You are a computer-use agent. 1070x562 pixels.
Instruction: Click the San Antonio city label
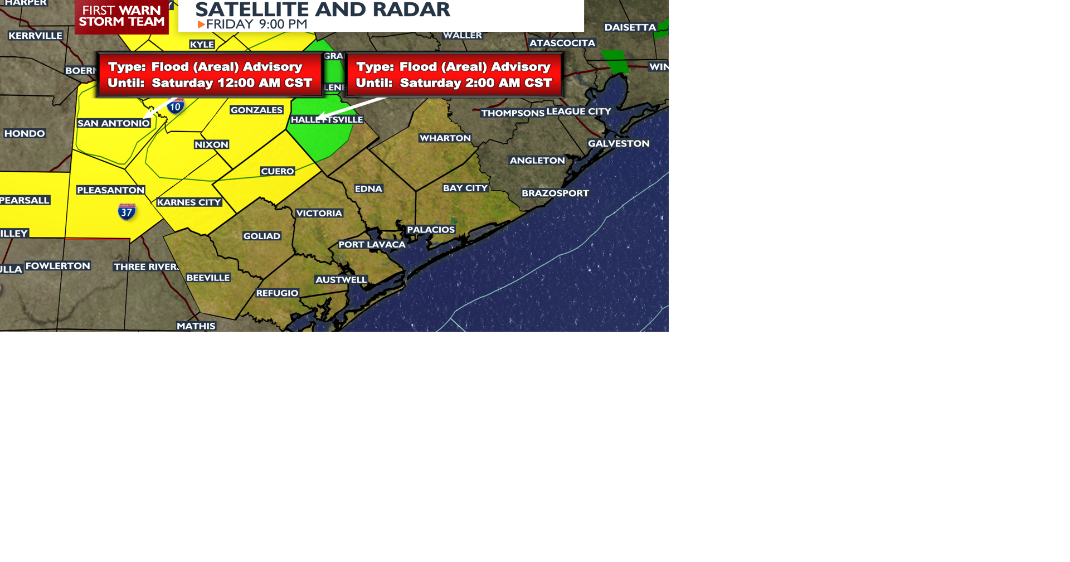pos(114,123)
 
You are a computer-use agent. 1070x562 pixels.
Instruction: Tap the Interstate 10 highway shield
pos(176,106)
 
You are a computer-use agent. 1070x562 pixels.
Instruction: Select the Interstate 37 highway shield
pos(127,212)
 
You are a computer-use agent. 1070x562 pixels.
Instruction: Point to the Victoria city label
pos(319,213)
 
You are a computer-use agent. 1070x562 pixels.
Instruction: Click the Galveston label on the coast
pos(619,143)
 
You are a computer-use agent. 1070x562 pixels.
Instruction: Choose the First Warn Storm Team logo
pos(121,17)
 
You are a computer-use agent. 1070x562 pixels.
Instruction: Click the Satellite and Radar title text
pos(323,9)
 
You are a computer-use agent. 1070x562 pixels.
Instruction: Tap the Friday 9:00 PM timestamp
pos(256,24)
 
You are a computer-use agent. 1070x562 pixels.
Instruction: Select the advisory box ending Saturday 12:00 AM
pos(210,75)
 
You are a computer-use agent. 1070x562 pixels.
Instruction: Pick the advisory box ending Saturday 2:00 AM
pos(454,75)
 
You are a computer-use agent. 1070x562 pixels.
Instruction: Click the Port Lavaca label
pos(372,244)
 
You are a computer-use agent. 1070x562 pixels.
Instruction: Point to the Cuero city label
pos(277,171)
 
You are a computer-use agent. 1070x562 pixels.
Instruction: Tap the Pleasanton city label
pos(110,190)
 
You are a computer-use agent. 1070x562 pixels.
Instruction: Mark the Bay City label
pos(465,188)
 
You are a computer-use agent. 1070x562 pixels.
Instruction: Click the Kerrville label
pos(35,36)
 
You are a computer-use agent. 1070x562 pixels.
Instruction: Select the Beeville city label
pos(208,278)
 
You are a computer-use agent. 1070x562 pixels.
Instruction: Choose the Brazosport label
pos(555,193)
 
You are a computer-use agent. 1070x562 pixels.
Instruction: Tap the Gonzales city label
pos(256,110)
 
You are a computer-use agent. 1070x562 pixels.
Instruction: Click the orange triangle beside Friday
pos(201,25)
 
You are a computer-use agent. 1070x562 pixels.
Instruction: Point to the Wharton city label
pos(445,138)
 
